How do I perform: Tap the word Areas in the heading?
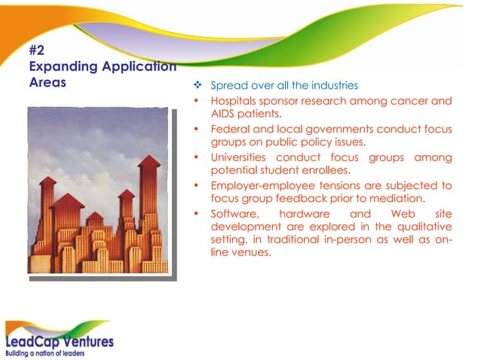click(47, 82)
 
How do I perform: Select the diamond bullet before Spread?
click(198, 86)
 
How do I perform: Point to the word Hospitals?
click(234, 100)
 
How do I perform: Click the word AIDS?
click(223, 114)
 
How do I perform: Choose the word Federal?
click(229, 129)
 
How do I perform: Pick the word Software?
click(231, 213)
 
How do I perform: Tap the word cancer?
click(412, 100)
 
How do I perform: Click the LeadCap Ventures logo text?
click(60, 340)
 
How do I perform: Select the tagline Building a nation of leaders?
click(45, 352)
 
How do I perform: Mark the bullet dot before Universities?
click(197, 157)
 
